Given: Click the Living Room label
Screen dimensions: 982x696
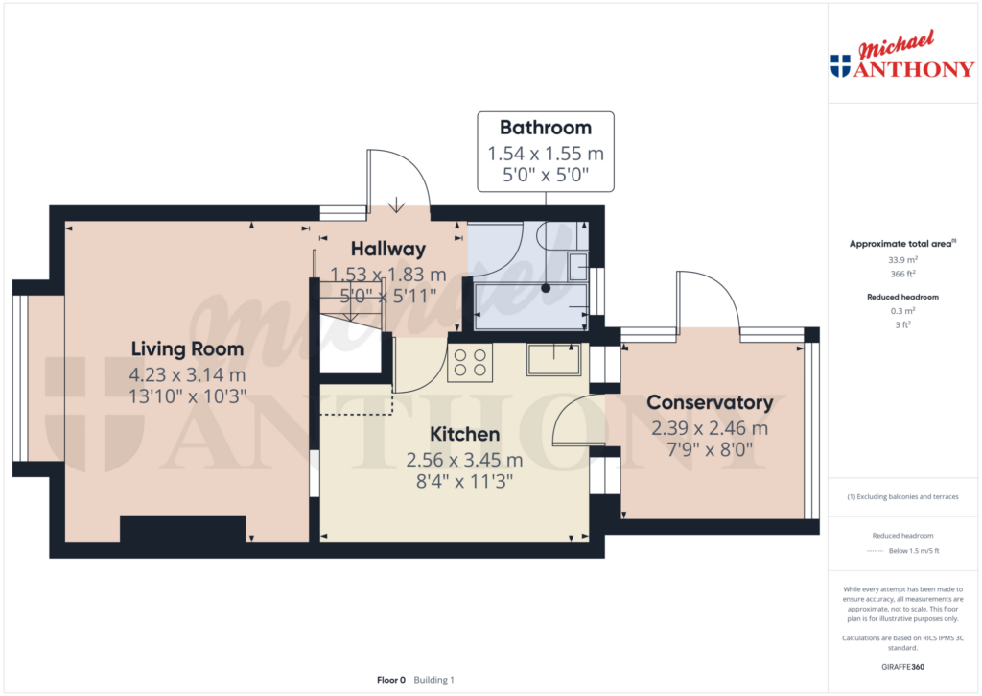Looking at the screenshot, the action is (x=187, y=348).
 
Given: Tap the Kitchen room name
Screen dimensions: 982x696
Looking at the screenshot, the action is (x=465, y=434).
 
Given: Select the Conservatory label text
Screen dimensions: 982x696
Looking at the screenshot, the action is (x=710, y=402).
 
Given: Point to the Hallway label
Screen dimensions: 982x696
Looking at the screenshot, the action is (x=388, y=249).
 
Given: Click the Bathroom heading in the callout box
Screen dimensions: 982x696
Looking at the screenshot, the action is (x=546, y=128).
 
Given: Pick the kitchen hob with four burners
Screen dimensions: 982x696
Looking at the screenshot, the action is (x=470, y=363).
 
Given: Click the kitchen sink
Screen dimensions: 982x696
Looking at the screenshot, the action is (x=553, y=359).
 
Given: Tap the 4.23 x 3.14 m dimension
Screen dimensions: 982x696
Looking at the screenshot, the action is (x=187, y=375).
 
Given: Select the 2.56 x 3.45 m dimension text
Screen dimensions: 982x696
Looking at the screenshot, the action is (x=465, y=460).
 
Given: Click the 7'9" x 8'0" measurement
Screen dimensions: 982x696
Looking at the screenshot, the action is (x=710, y=449).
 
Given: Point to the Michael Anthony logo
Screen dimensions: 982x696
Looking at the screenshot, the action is (x=902, y=55).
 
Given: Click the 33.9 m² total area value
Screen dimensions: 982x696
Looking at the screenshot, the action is (x=902, y=259).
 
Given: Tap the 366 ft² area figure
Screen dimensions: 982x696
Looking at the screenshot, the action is (x=902, y=274).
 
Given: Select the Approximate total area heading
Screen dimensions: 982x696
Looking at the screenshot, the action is (x=902, y=243).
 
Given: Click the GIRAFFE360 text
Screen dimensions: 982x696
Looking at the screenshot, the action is (x=902, y=667).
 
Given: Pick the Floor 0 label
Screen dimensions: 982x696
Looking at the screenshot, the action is (x=391, y=680).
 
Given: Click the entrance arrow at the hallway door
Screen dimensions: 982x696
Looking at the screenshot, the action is (x=396, y=205).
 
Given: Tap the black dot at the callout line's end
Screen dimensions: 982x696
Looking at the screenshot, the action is (x=546, y=288).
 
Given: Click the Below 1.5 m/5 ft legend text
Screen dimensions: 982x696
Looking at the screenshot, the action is (x=914, y=551).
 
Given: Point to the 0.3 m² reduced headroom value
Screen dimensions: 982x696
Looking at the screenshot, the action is (x=902, y=310).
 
